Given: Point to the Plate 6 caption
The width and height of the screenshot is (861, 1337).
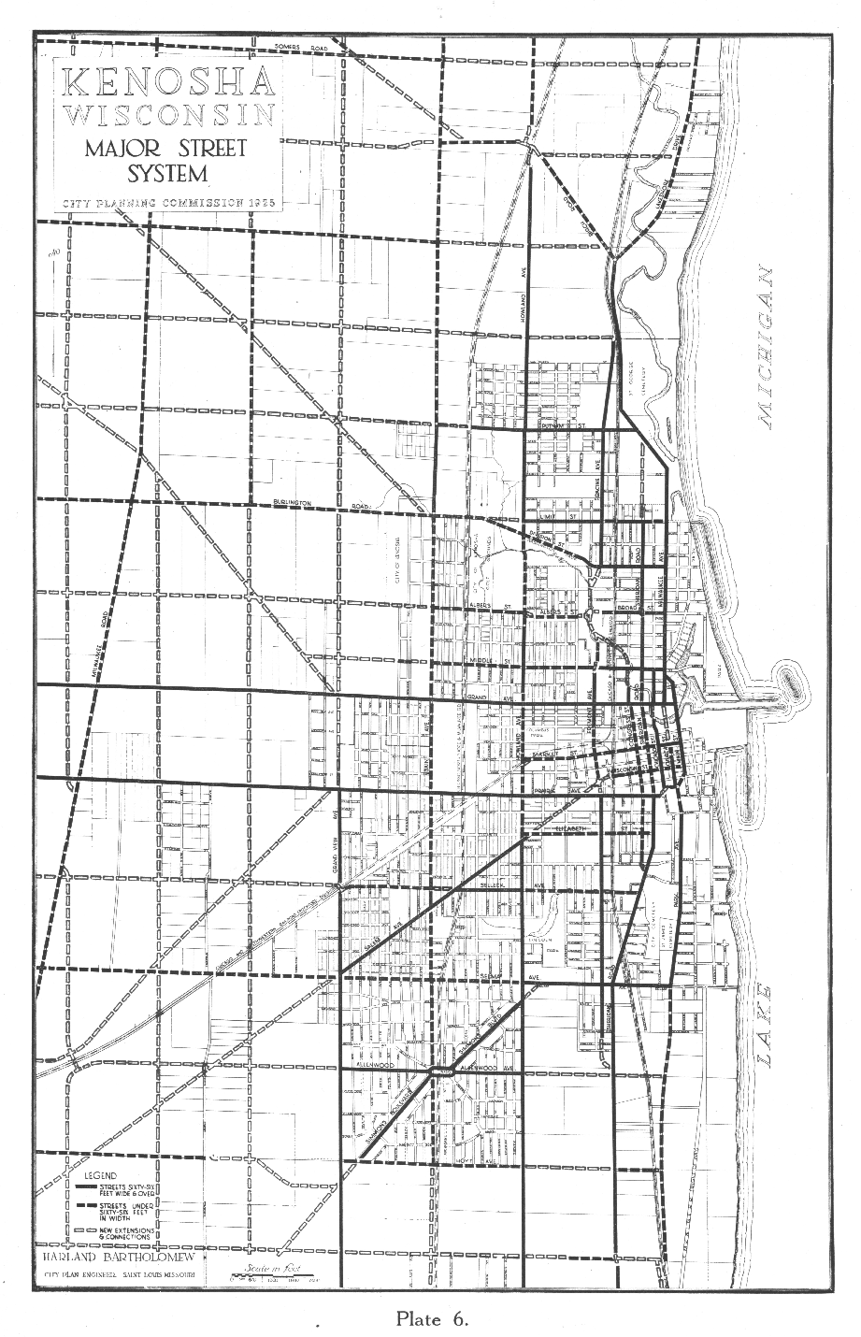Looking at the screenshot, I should pyautogui.click(x=431, y=1319).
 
